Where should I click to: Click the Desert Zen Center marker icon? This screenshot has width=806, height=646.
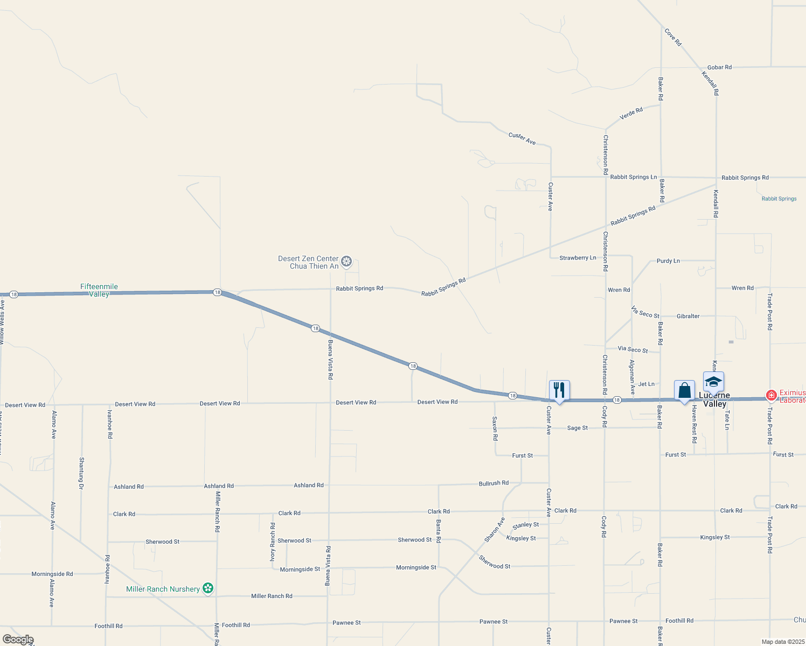tap(346, 262)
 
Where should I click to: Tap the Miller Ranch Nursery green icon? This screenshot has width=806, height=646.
tap(208, 588)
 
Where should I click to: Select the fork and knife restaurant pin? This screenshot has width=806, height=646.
tap(559, 389)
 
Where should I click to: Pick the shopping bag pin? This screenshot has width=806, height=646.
tap(684, 390)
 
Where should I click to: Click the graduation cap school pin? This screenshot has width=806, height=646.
tap(713, 382)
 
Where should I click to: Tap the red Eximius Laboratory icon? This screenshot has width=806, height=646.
tap(771, 396)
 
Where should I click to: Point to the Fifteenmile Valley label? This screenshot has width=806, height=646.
tap(99, 290)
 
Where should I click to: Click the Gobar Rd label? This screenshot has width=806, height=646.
tap(719, 67)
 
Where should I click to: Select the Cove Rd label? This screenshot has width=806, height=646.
tap(673, 37)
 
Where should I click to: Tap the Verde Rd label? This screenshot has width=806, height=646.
tap(631, 114)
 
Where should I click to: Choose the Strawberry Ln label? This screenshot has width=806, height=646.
tap(578, 258)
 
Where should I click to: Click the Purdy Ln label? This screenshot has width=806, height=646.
tap(668, 261)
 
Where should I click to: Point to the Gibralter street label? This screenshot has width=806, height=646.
tap(688, 316)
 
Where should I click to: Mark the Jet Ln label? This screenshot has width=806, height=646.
tap(646, 384)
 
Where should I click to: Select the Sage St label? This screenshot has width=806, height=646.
tap(577, 428)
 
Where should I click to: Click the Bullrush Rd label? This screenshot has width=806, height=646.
tap(494, 483)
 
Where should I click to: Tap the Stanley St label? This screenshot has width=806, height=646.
tap(525, 525)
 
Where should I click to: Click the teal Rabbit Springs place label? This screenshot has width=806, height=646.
tap(779, 199)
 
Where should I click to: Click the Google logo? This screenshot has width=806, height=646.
tap(18, 639)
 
